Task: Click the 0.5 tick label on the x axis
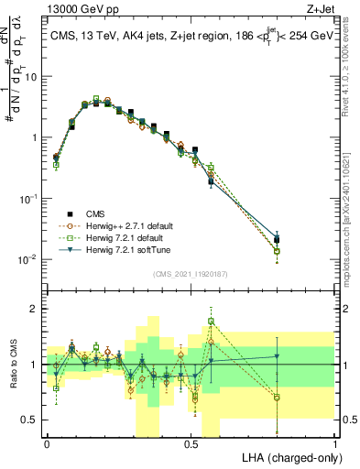click(x=191, y=443)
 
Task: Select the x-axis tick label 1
click(x=335, y=443)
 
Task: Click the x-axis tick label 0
click(x=47, y=443)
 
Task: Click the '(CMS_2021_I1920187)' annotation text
click(x=191, y=273)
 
